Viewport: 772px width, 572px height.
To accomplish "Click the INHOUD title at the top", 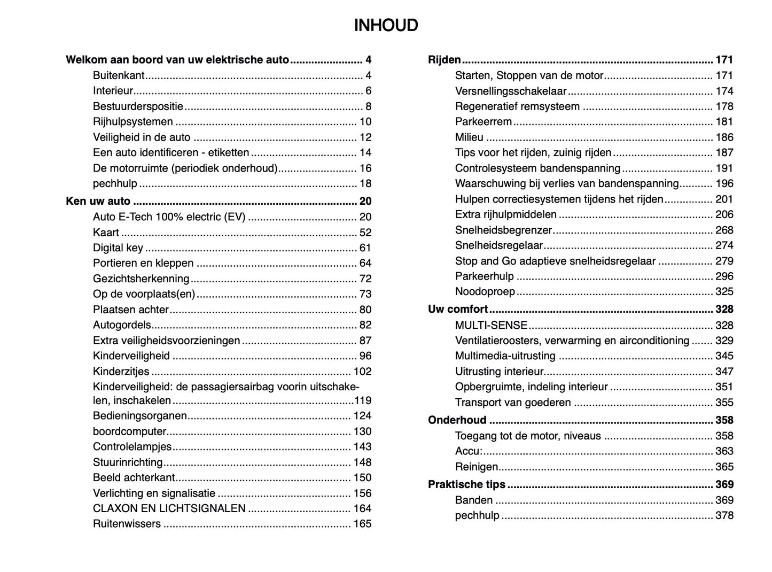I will (x=386, y=25).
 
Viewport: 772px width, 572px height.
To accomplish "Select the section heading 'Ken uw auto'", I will (x=98, y=201).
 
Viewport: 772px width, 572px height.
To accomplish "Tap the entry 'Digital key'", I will (x=118, y=248).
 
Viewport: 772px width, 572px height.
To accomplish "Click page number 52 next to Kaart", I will (x=365, y=233).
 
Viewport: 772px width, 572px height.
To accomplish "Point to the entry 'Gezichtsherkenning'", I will (x=141, y=279).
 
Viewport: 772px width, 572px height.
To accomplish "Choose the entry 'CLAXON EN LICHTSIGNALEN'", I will (x=169, y=508).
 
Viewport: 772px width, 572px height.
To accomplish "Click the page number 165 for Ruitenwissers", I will (x=362, y=524).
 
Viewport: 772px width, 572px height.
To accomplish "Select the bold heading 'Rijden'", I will (x=444, y=60).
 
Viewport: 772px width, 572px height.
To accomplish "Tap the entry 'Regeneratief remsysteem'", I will (x=517, y=106).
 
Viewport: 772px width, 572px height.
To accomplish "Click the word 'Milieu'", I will (x=469, y=137).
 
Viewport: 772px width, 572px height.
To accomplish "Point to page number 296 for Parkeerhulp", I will (x=724, y=276).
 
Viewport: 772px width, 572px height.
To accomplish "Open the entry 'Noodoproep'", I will (x=485, y=292).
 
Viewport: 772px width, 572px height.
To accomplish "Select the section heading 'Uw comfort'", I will (x=458, y=309).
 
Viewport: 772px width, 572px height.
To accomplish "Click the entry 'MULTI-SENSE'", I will (x=491, y=325).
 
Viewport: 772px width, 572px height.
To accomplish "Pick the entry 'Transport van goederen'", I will (x=513, y=403).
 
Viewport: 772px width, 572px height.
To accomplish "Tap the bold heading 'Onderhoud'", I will (x=457, y=420).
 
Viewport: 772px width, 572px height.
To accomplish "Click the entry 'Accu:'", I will (x=469, y=451).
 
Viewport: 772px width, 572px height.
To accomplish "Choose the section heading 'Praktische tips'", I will (x=466, y=485).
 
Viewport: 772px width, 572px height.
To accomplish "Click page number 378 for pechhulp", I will (x=724, y=515).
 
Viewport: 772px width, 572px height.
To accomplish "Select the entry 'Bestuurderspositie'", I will (x=138, y=106).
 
